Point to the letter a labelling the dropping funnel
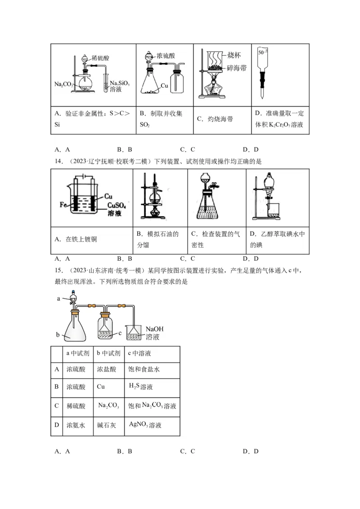58,298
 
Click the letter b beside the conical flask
58,335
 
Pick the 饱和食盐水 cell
144,370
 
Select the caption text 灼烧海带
221,119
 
